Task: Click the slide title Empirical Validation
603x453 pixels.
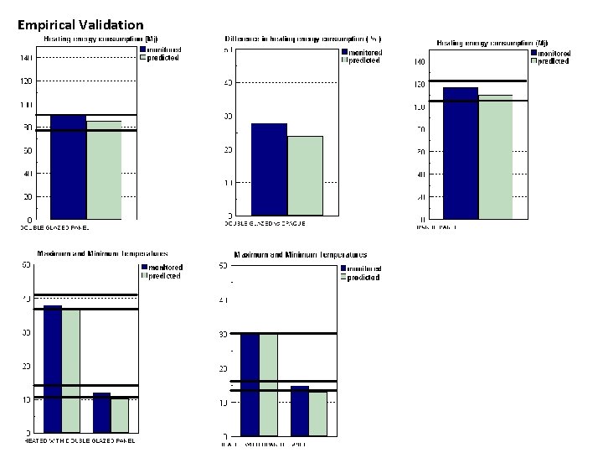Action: [x=80, y=26]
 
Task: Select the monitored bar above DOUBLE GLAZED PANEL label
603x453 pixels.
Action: [x=68, y=167]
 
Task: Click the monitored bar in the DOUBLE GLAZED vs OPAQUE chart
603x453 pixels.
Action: [x=269, y=169]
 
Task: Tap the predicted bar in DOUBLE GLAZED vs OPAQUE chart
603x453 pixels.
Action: [x=305, y=174]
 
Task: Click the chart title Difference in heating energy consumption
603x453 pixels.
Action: [x=302, y=39]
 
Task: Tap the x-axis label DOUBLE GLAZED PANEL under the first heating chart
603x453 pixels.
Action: [x=54, y=227]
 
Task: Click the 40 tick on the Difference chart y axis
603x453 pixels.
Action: [x=228, y=83]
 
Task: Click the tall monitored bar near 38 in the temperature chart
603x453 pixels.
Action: [x=53, y=369]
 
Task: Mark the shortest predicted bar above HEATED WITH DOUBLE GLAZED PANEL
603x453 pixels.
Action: [x=120, y=415]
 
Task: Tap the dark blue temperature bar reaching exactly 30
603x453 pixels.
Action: [x=250, y=385]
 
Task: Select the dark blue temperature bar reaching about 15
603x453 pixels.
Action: [x=299, y=411]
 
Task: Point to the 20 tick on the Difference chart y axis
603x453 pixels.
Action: [x=228, y=149]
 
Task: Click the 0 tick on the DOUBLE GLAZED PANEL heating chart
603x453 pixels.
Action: [x=30, y=220]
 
